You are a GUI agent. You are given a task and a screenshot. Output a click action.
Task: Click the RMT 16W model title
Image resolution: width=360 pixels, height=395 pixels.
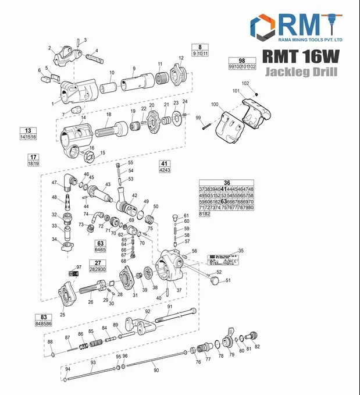tap(301, 56)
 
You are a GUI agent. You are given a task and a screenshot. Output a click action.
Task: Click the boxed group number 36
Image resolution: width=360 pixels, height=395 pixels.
tap(227, 183)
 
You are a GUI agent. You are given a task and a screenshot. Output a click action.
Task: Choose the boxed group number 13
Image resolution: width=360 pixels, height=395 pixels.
tap(27, 130)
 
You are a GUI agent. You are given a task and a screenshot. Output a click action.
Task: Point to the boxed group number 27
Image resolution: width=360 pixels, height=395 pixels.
tap(97, 263)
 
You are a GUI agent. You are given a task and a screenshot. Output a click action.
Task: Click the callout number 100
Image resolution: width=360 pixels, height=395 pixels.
tap(215, 104)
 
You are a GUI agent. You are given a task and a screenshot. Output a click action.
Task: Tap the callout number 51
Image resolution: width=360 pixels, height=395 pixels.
tap(228, 280)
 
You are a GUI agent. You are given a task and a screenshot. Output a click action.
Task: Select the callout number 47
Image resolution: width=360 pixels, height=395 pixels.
tap(54, 182)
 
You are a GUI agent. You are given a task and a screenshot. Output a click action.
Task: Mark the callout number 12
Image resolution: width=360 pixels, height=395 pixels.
tap(181, 58)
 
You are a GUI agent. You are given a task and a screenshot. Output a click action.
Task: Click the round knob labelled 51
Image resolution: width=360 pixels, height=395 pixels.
tap(216, 281)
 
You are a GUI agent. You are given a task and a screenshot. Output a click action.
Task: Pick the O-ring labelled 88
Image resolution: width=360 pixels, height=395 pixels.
tap(53, 354)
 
